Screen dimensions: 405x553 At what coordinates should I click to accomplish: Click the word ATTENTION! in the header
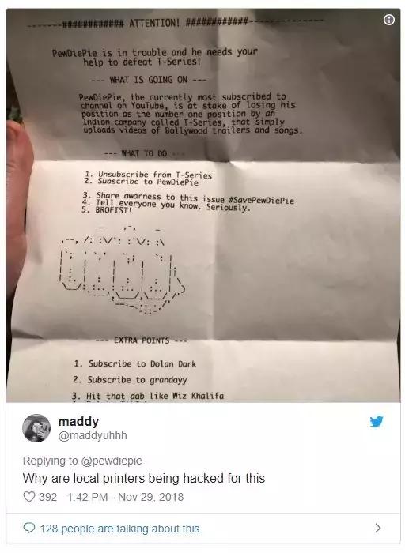pos(154,24)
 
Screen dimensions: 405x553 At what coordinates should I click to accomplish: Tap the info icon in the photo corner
pos(388,20)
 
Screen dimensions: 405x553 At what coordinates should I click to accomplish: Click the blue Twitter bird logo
pos(377,421)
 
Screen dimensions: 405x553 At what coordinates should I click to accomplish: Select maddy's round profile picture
pos(36,428)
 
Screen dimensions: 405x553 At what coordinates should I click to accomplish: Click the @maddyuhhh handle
pos(93,435)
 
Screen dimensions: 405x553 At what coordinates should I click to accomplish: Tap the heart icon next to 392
pos(29,497)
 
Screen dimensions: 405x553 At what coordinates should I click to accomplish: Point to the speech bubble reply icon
pos(29,528)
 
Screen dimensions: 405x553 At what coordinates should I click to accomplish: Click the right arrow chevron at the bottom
pos(378,528)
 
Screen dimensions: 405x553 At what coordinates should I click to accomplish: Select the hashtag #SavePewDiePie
pos(261,201)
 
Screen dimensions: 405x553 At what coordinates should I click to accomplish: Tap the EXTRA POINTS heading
pos(142,340)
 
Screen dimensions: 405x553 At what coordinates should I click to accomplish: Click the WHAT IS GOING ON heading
pos(148,80)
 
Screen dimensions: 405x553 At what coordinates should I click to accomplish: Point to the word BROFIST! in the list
pos(113,210)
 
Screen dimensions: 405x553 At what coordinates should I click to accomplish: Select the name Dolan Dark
pos(173,363)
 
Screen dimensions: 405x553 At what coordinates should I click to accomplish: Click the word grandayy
pos(168,380)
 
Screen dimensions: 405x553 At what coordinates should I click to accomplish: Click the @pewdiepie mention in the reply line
pos(112,461)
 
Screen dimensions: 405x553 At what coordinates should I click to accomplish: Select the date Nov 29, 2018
pos(151,497)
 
